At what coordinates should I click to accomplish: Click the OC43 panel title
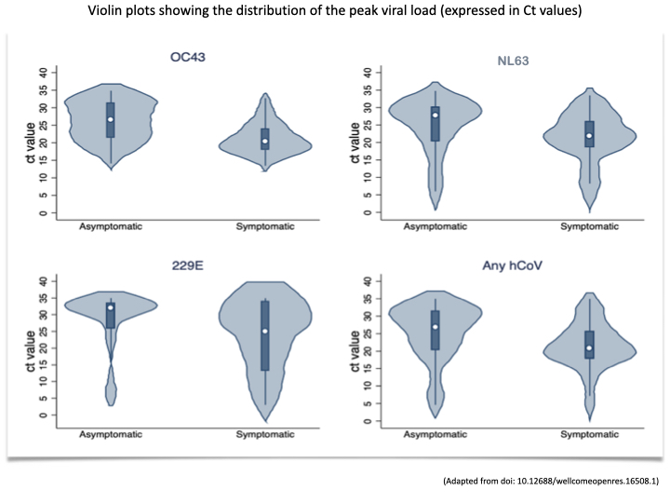coord(184,56)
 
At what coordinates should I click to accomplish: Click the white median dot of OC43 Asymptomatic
coord(110,119)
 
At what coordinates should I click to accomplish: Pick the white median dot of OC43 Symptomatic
coord(265,142)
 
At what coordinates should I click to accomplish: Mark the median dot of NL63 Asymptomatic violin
coord(435,116)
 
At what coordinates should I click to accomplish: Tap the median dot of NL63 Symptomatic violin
coord(589,136)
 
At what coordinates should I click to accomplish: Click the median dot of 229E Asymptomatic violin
coord(110,307)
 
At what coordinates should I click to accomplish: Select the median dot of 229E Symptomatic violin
coord(265,331)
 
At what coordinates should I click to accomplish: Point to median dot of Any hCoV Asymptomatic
coord(435,327)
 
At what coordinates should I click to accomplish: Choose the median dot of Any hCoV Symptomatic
coord(589,347)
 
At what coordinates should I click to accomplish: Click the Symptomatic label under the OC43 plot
coord(265,225)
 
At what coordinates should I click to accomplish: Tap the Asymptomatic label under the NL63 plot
coord(435,225)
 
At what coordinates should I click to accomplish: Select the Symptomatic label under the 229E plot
coord(265,435)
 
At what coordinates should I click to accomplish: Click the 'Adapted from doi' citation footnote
coord(552,481)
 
